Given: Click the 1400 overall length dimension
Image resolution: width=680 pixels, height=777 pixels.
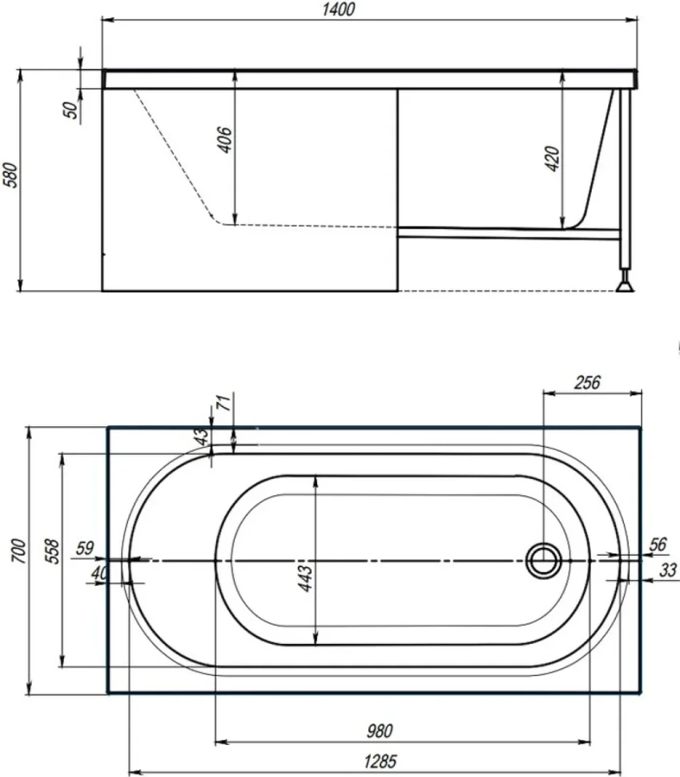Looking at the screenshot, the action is (339, 10).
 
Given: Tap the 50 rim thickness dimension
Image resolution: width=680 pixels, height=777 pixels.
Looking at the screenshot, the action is (72, 109).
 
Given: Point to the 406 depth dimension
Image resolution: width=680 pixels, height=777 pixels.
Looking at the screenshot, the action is (224, 140).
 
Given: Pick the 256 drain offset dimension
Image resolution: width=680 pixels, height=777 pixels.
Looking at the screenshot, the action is (587, 383).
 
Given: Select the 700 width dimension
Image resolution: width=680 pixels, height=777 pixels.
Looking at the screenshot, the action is (18, 550).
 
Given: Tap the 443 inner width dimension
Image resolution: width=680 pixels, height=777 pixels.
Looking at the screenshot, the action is (305, 578).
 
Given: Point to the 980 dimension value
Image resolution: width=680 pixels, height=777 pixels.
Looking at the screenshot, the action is (380, 731).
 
